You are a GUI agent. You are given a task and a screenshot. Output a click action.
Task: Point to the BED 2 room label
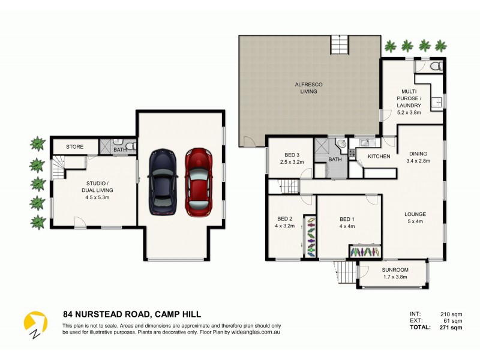(284, 223)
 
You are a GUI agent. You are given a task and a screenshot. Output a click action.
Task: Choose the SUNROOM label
(394, 274)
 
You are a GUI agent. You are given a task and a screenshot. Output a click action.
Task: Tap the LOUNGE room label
(415, 217)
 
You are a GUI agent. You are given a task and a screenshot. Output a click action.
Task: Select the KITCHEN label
(379, 157)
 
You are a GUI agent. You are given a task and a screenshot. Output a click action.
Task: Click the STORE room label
(74, 146)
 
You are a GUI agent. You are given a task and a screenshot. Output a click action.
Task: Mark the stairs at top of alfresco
(340, 45)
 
